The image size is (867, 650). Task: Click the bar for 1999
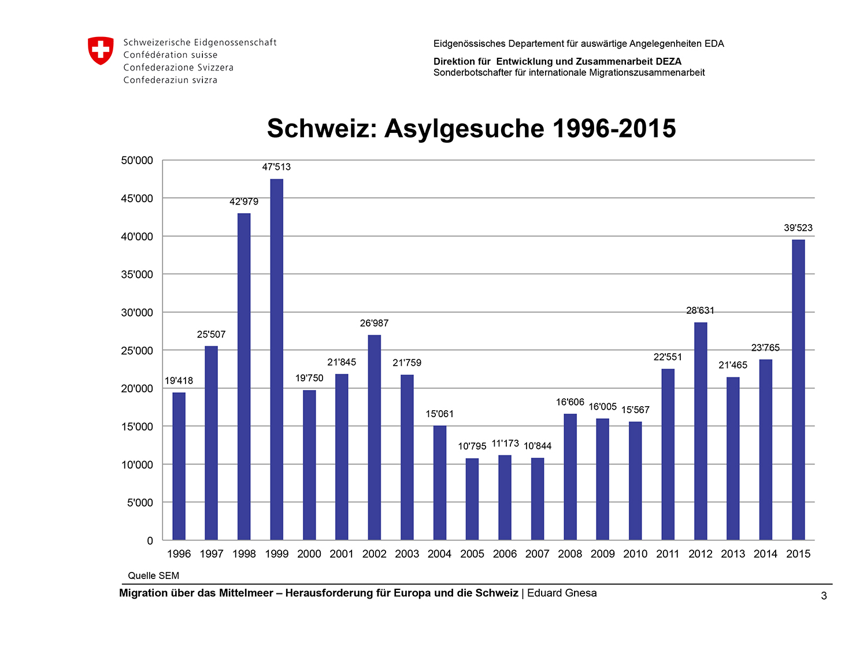276,359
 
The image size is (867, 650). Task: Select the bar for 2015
798,389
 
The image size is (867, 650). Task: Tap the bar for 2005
472,499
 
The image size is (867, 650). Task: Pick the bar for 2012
701,431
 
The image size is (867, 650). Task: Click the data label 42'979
244,201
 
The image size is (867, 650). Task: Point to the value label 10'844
537,445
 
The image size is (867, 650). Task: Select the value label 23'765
765,347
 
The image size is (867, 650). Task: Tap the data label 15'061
439,414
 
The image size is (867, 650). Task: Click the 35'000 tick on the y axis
136,274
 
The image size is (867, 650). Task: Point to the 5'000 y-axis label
140,503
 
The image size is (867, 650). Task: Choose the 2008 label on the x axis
569,554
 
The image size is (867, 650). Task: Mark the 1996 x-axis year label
179,554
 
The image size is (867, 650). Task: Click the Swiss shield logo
101,50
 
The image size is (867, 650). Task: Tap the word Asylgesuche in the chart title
464,129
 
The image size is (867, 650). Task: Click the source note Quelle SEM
153,575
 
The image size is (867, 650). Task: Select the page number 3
824,596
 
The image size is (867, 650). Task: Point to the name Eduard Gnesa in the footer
562,593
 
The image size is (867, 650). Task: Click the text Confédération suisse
171,55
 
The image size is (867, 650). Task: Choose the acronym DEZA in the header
668,62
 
